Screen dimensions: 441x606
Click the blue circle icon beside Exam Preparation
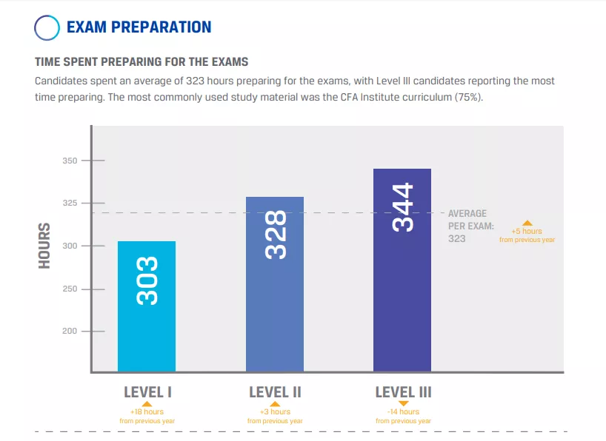tap(47, 27)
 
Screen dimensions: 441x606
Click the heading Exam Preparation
tap(139, 27)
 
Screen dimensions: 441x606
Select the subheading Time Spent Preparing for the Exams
tap(141, 62)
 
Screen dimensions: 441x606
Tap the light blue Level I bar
tap(147, 326)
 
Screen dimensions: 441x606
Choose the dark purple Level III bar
tap(402, 296)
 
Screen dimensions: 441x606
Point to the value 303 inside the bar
tap(147, 281)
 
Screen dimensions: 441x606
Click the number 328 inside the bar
tap(276, 235)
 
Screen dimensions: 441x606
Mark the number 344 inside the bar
tap(403, 208)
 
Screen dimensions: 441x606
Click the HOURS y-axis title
tap(44, 246)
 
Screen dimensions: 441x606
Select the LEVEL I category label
tap(147, 392)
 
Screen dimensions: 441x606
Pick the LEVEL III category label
tap(403, 392)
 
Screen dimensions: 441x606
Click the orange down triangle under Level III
tap(403, 403)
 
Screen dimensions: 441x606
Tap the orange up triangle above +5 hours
tap(527, 223)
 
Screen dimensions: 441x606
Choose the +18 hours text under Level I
tap(147, 412)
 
